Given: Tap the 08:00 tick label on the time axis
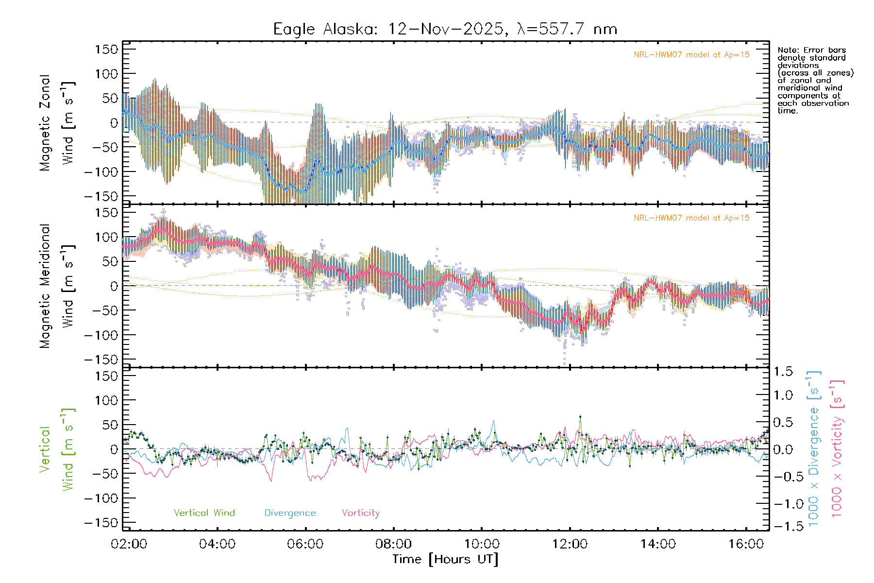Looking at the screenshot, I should pos(393,544).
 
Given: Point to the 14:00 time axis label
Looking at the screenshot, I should pos(658,544).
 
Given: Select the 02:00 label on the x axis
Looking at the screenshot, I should pos(129,544).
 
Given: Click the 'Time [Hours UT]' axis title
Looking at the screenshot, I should pos(445,559).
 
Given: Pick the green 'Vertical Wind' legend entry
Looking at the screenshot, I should pos(204,513).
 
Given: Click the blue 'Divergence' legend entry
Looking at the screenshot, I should pos(290,513).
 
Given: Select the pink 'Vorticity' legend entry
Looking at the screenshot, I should pos(360,513).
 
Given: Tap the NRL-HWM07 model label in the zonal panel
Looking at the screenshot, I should pos(691,55).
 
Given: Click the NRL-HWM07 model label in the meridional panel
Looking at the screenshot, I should pos(691,218).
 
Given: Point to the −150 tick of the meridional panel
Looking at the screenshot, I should pos(101,360).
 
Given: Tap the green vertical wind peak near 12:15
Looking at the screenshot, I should pos(580,417).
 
